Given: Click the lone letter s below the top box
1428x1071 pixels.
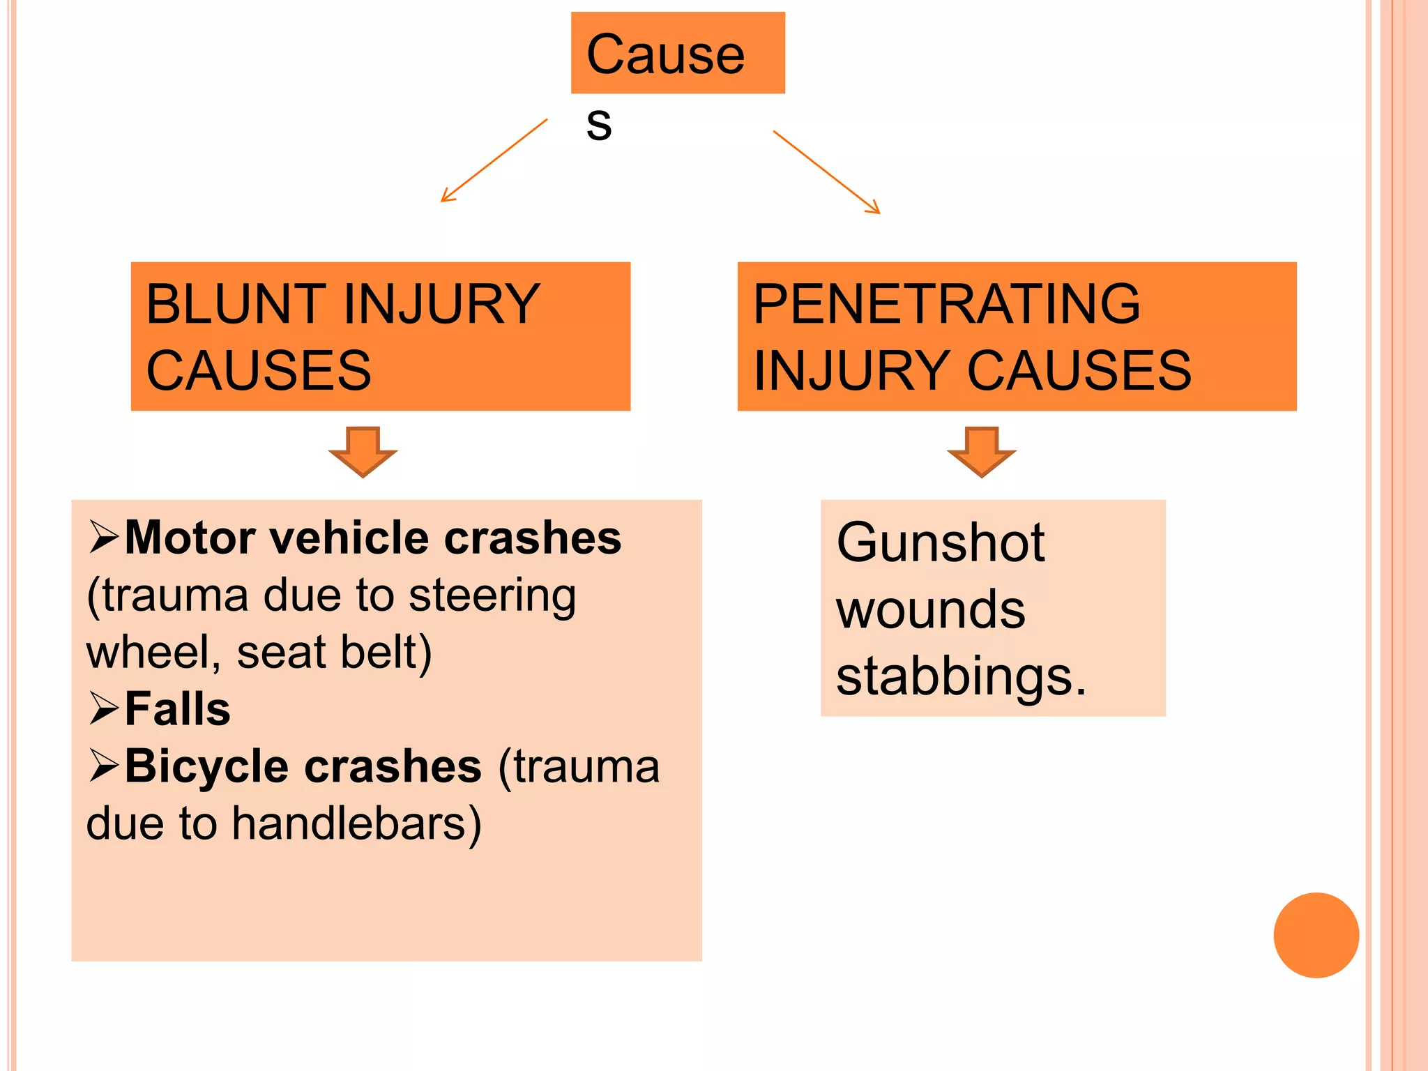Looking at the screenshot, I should click(x=599, y=126).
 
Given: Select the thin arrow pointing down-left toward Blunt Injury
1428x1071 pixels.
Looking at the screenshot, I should click(x=494, y=160).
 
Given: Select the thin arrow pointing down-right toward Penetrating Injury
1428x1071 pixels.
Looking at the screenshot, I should click(x=827, y=172).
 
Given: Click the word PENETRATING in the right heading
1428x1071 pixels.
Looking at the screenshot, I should click(x=946, y=304).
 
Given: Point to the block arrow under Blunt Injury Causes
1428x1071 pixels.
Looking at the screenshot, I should click(x=363, y=451).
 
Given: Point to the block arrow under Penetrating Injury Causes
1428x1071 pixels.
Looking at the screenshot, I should click(x=981, y=451).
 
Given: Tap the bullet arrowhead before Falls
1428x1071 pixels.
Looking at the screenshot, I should click(x=104, y=709).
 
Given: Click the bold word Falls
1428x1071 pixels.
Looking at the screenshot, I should click(x=178, y=709).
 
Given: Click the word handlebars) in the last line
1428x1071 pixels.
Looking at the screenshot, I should click(x=356, y=824).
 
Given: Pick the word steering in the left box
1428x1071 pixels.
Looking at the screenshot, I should click(x=492, y=597).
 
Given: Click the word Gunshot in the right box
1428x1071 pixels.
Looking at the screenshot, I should click(x=940, y=542).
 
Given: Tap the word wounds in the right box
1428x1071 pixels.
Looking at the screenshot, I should click(x=930, y=609).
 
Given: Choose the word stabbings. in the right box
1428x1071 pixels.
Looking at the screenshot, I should click(x=961, y=676).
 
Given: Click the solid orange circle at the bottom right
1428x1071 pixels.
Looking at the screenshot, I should click(x=1316, y=935).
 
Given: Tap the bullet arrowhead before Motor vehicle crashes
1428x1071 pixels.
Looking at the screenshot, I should click(x=104, y=538).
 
